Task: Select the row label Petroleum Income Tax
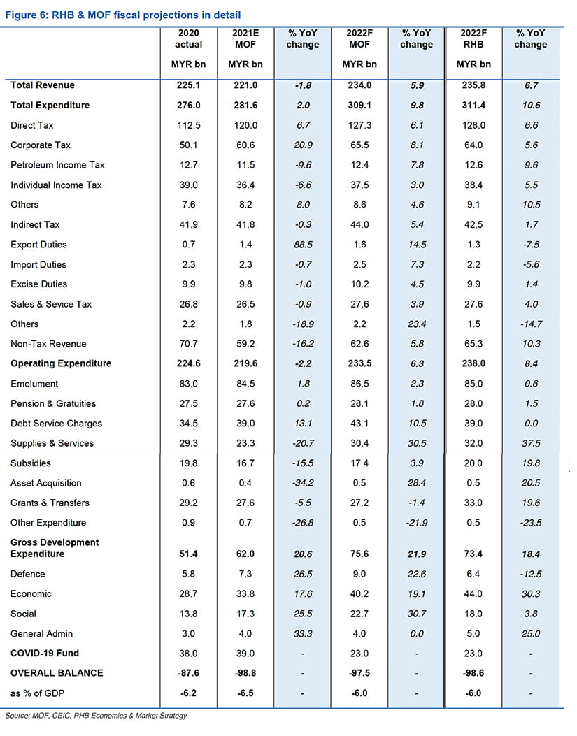click(x=57, y=165)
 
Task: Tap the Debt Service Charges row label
click(x=56, y=424)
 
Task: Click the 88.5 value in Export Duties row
click(x=303, y=245)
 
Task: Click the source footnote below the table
click(x=96, y=716)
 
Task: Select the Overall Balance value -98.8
click(x=245, y=673)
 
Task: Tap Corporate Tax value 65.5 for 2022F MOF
click(x=359, y=145)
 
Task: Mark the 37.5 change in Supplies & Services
click(x=530, y=443)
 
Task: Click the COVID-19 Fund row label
click(x=45, y=654)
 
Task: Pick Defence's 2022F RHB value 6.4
click(x=473, y=574)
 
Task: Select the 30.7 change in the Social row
click(x=416, y=614)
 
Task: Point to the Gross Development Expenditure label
click(x=55, y=548)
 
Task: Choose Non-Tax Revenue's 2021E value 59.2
click(x=245, y=344)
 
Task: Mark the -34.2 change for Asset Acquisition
click(x=303, y=483)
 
